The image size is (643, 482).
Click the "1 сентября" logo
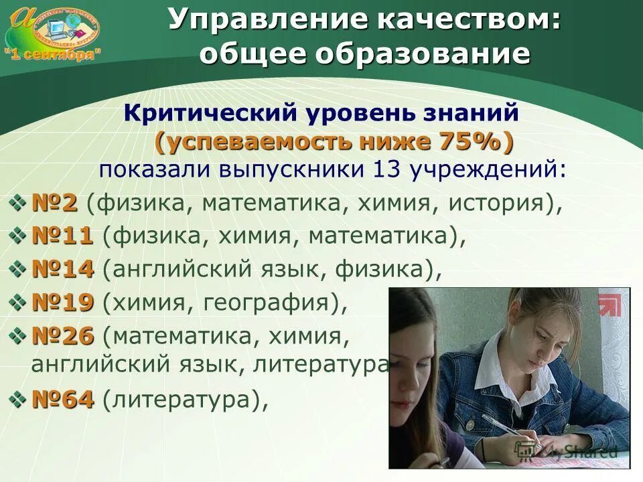54,33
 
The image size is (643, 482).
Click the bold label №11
62,236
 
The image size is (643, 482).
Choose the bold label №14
62,269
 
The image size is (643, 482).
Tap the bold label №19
62,303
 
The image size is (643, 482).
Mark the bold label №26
62,336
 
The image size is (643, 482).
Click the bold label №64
62,400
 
